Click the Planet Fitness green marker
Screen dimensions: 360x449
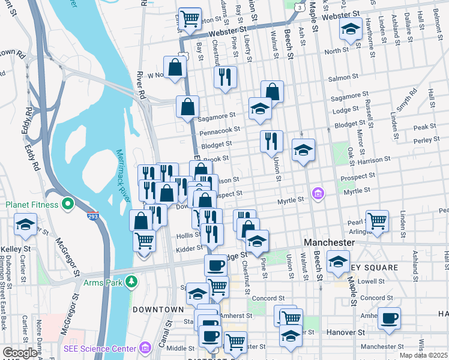(x=68, y=205)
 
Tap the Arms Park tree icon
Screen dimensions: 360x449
(x=131, y=281)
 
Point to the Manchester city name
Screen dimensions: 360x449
(x=330, y=242)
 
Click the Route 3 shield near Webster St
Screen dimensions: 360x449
(x=298, y=7)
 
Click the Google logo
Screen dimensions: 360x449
(x=20, y=353)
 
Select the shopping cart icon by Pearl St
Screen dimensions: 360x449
(x=377, y=220)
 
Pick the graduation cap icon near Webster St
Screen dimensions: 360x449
(x=350, y=28)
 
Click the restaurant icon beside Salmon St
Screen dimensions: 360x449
(x=225, y=76)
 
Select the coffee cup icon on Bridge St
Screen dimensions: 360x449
(x=215, y=265)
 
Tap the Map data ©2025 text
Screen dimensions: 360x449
(x=424, y=355)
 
